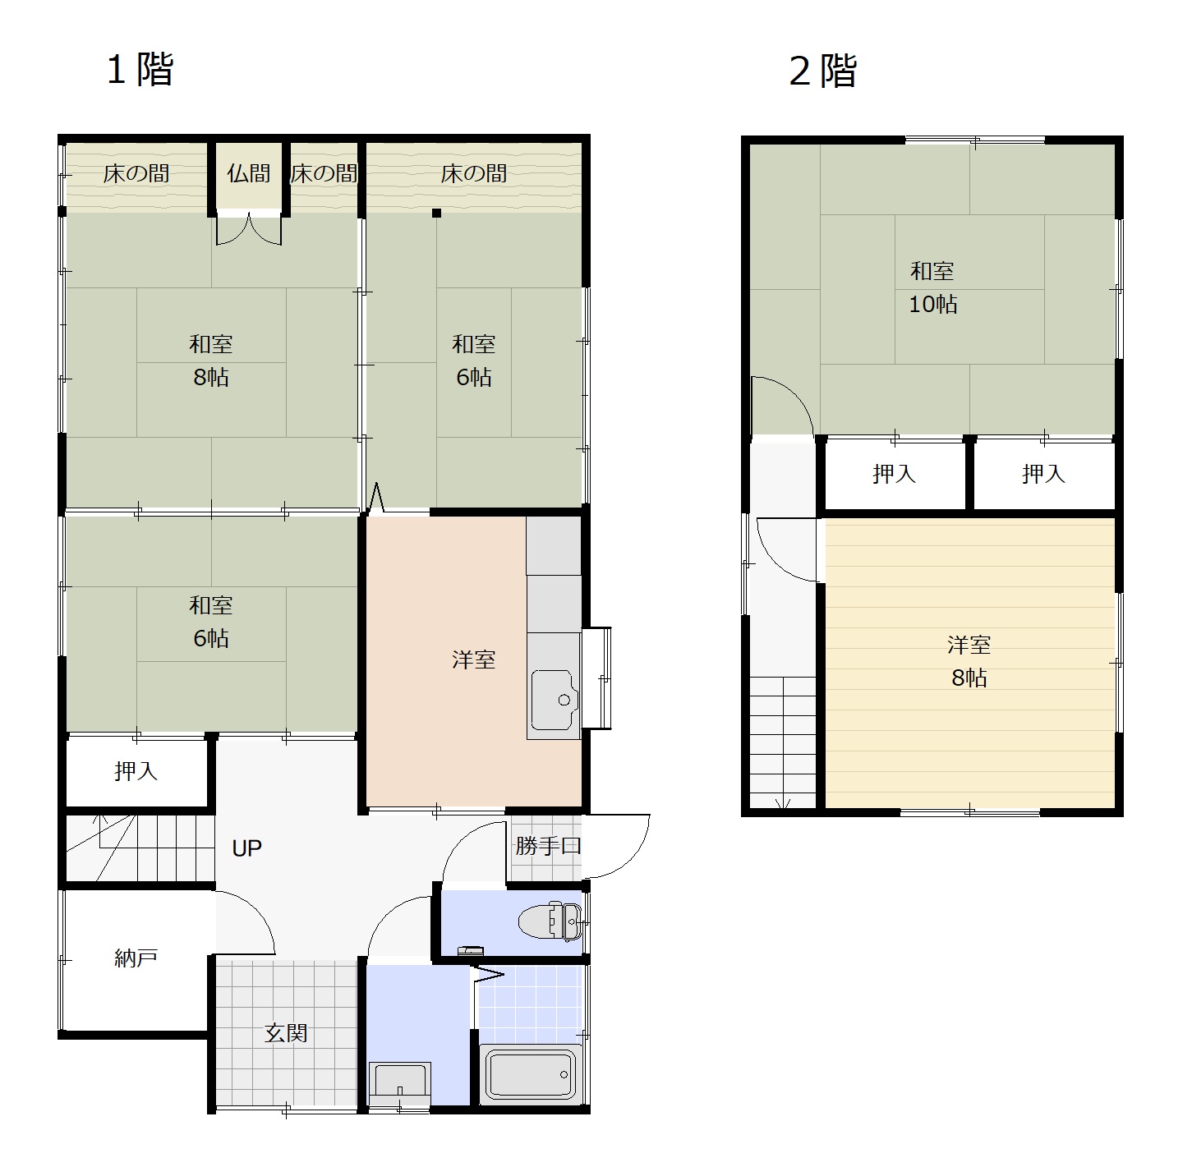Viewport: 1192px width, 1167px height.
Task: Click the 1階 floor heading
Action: (x=140, y=69)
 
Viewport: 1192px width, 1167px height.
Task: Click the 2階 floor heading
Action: (x=823, y=71)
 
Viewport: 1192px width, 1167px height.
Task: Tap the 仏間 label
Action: (x=248, y=174)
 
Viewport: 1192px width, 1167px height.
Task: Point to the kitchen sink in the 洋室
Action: (x=555, y=700)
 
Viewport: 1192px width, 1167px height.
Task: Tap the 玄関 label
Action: (x=286, y=1032)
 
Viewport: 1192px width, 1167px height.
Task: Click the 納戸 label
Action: (x=136, y=958)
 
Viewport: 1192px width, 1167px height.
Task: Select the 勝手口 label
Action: (x=548, y=845)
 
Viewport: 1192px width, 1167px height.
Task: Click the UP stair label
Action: (x=246, y=848)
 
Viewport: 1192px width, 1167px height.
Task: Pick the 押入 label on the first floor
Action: (x=136, y=771)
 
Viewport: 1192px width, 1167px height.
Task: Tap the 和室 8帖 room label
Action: (x=211, y=361)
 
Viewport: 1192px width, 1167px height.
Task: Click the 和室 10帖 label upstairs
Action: (x=932, y=287)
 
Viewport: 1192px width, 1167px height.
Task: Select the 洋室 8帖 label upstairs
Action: (x=969, y=661)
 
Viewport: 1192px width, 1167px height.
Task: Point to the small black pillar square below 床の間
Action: (x=437, y=214)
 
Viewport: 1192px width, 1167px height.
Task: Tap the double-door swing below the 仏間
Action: (x=249, y=229)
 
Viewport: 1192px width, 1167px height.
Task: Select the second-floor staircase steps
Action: (x=783, y=742)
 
